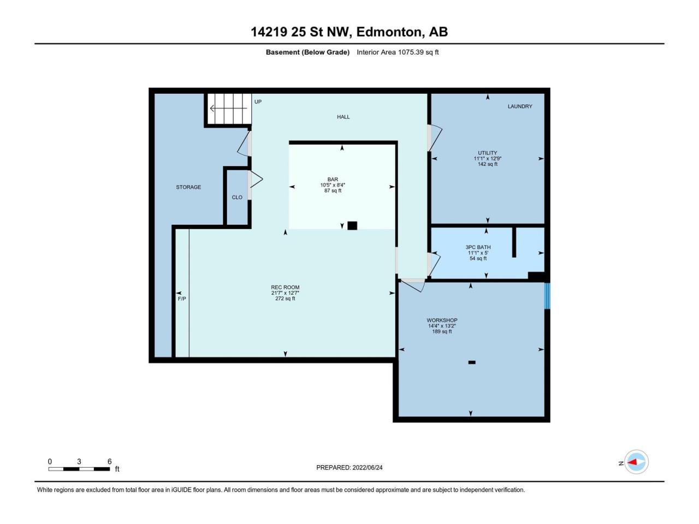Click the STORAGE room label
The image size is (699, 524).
tap(188, 187)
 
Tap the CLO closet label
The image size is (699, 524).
tap(237, 197)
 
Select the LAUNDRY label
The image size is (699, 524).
tap(520, 106)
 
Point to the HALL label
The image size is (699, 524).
tap(343, 117)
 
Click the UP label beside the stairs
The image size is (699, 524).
tap(258, 102)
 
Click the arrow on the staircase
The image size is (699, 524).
tap(228, 109)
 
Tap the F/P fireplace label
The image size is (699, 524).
tap(182, 299)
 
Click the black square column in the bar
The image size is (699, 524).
tap(352, 225)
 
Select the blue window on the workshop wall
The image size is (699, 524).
tap(547, 296)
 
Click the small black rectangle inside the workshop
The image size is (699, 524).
tap(472, 362)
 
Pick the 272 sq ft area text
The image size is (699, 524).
tap(285, 299)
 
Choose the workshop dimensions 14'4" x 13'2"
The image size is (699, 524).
tap(442, 326)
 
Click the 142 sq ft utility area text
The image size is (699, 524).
tap(487, 164)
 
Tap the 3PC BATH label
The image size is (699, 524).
tap(478, 247)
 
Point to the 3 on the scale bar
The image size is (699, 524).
tap(79, 461)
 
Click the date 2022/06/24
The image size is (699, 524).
tap(367, 467)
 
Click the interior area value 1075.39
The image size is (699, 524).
tap(411, 52)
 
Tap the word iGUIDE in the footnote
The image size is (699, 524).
tap(182, 490)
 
